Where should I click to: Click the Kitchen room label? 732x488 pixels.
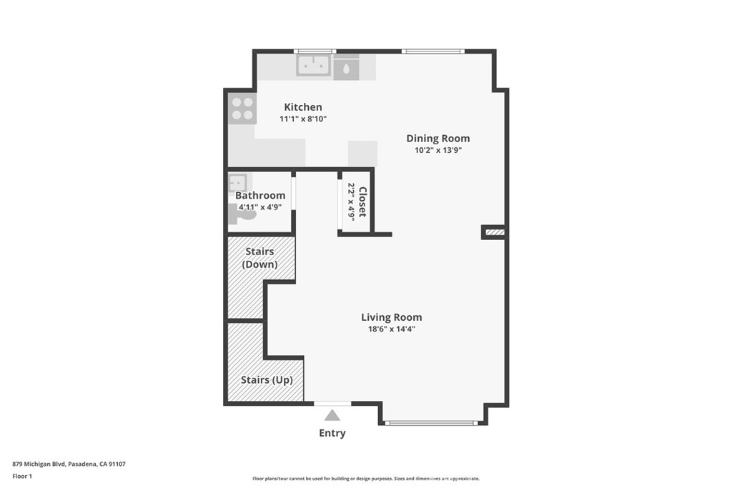pos(303,107)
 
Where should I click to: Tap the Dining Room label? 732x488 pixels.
pos(438,139)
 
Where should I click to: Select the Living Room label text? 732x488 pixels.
pos(391,317)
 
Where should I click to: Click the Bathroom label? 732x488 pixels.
pos(260,196)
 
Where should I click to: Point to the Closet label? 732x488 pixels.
pos(362,202)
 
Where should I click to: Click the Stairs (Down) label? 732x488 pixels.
pos(260,258)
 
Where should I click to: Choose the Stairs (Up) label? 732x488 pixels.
pos(267,380)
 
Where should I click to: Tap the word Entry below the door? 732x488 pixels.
pos(332,433)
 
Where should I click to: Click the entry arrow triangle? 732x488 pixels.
pos(332,415)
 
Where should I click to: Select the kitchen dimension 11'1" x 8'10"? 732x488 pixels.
pos(303,119)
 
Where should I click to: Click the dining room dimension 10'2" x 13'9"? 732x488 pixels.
pos(438,151)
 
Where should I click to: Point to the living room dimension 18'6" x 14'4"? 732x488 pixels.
pos(391,329)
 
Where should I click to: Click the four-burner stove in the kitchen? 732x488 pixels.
pos(242,108)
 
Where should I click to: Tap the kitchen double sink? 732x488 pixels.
pos(314,66)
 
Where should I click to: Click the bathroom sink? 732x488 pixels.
pos(237,182)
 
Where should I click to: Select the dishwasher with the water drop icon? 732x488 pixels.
pos(346,69)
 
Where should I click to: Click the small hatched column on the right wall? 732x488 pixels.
pos(495,232)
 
